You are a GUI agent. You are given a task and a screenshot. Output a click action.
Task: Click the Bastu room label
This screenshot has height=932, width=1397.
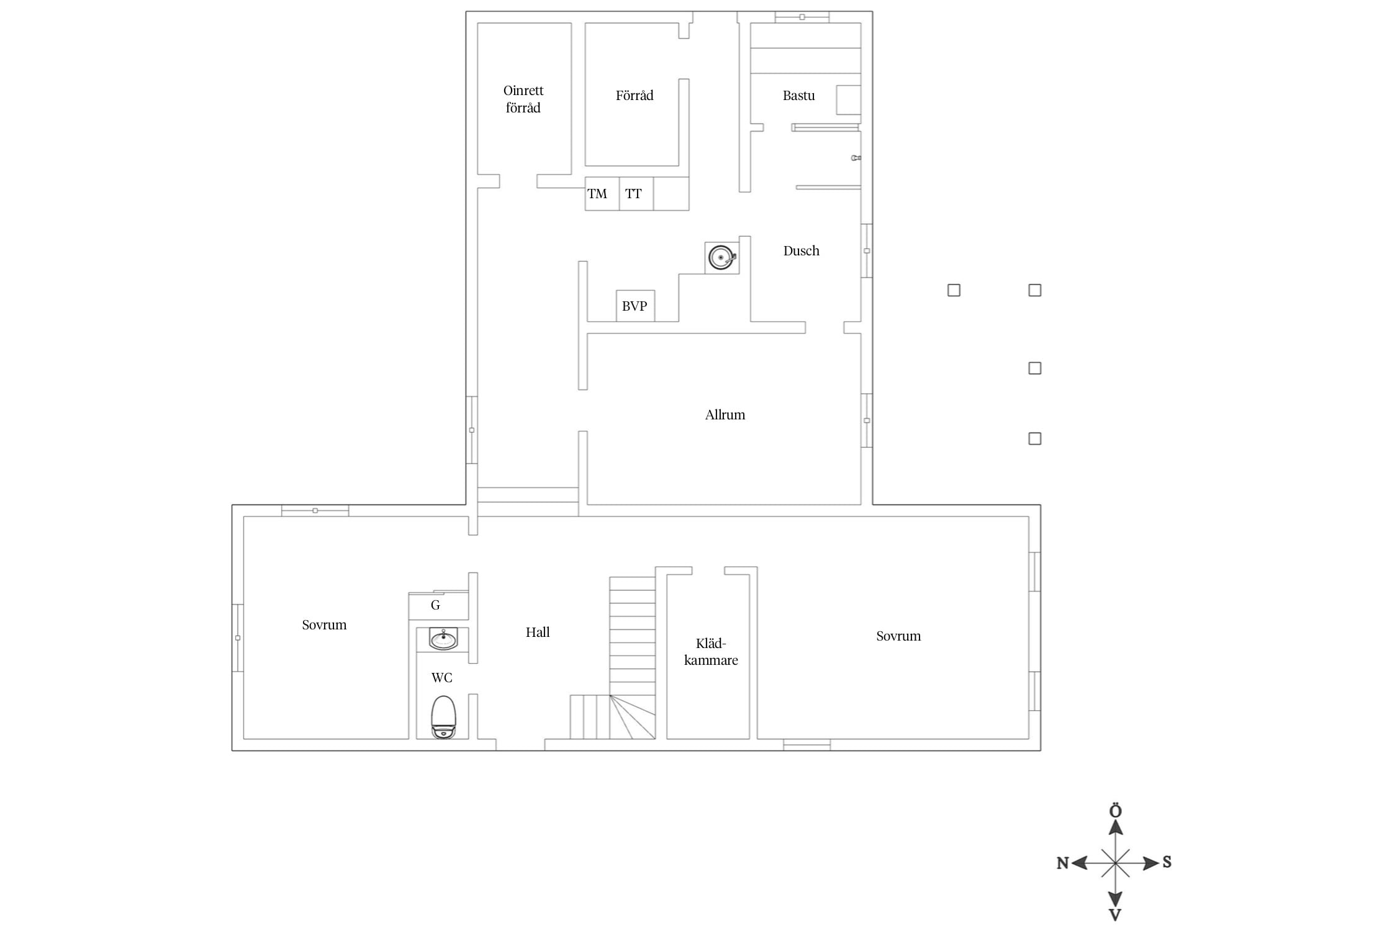pyautogui.click(x=798, y=96)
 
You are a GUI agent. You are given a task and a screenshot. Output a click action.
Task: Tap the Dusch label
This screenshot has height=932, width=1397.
pyautogui.click(x=801, y=251)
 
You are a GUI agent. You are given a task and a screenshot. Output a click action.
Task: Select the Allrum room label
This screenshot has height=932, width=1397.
pyautogui.click(x=725, y=415)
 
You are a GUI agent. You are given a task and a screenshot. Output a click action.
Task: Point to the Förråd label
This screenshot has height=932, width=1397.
pyautogui.click(x=635, y=96)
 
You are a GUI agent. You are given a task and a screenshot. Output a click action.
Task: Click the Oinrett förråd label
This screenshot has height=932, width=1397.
pyautogui.click(x=523, y=99)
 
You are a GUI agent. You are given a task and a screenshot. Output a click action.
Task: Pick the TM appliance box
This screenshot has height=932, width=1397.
pyautogui.click(x=602, y=193)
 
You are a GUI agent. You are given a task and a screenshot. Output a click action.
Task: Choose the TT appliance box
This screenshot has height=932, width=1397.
pyautogui.click(x=636, y=193)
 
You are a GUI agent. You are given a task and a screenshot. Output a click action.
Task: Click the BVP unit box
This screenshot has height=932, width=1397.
pyautogui.click(x=635, y=306)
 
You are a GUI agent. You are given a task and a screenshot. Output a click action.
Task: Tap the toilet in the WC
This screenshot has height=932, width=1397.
pyautogui.click(x=443, y=717)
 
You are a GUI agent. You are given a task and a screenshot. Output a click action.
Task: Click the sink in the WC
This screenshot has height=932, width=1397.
pyautogui.click(x=443, y=639)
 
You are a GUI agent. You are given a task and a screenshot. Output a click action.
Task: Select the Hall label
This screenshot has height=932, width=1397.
pyautogui.click(x=538, y=633)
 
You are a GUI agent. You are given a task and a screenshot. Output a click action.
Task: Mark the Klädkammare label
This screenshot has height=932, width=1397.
pyautogui.click(x=711, y=652)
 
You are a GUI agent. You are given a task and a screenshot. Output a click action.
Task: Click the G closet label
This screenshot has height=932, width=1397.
pyautogui.click(x=435, y=605)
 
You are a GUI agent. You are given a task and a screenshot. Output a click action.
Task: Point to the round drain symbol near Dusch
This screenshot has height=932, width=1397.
pyautogui.click(x=721, y=257)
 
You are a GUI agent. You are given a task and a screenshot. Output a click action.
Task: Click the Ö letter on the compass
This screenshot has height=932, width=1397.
pyautogui.click(x=1116, y=811)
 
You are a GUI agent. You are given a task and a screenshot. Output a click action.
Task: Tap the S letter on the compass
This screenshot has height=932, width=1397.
pyautogui.click(x=1167, y=862)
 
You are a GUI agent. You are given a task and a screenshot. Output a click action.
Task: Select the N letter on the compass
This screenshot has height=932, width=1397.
pyautogui.click(x=1063, y=863)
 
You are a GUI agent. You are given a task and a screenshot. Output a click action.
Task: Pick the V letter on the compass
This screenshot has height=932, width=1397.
pyautogui.click(x=1115, y=915)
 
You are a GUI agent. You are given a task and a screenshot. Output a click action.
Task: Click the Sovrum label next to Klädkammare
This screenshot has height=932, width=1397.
pyautogui.click(x=898, y=636)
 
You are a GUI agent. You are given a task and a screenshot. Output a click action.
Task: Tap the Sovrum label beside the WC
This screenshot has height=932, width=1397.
pyautogui.click(x=324, y=625)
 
